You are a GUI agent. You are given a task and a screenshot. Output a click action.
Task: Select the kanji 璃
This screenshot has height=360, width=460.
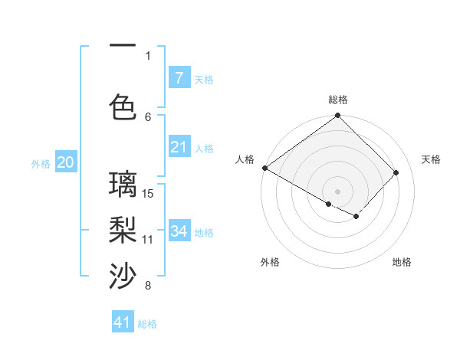(123, 185)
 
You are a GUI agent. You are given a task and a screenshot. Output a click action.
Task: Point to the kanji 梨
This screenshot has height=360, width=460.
(123, 229)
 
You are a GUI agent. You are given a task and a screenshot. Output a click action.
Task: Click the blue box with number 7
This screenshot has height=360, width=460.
(179, 77)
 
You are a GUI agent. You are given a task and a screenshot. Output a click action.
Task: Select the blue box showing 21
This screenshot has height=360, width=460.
(179, 147)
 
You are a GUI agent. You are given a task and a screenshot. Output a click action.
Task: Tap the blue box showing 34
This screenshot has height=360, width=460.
(179, 231)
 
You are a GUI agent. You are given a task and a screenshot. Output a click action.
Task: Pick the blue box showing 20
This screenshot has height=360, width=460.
(66, 162)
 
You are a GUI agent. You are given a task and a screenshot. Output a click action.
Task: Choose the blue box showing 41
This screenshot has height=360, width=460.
(123, 322)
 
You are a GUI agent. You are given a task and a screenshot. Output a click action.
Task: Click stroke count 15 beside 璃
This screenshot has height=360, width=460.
(149, 193)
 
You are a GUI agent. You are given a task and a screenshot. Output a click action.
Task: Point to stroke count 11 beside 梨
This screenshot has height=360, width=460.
(149, 239)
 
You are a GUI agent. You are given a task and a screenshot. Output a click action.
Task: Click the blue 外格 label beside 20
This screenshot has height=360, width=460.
(41, 163)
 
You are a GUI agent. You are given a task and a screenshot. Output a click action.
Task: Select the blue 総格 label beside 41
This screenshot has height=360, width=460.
(147, 324)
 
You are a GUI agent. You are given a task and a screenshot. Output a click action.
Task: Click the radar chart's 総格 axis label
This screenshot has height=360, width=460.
(338, 100)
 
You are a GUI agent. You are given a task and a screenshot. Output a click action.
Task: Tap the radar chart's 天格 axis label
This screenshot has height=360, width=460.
(431, 159)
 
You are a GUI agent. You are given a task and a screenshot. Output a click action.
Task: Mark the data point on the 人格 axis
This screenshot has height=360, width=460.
(264, 168)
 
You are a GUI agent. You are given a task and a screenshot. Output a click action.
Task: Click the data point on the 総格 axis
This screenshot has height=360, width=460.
(338, 116)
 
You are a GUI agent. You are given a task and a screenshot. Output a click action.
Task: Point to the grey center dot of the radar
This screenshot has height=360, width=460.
(337, 191)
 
